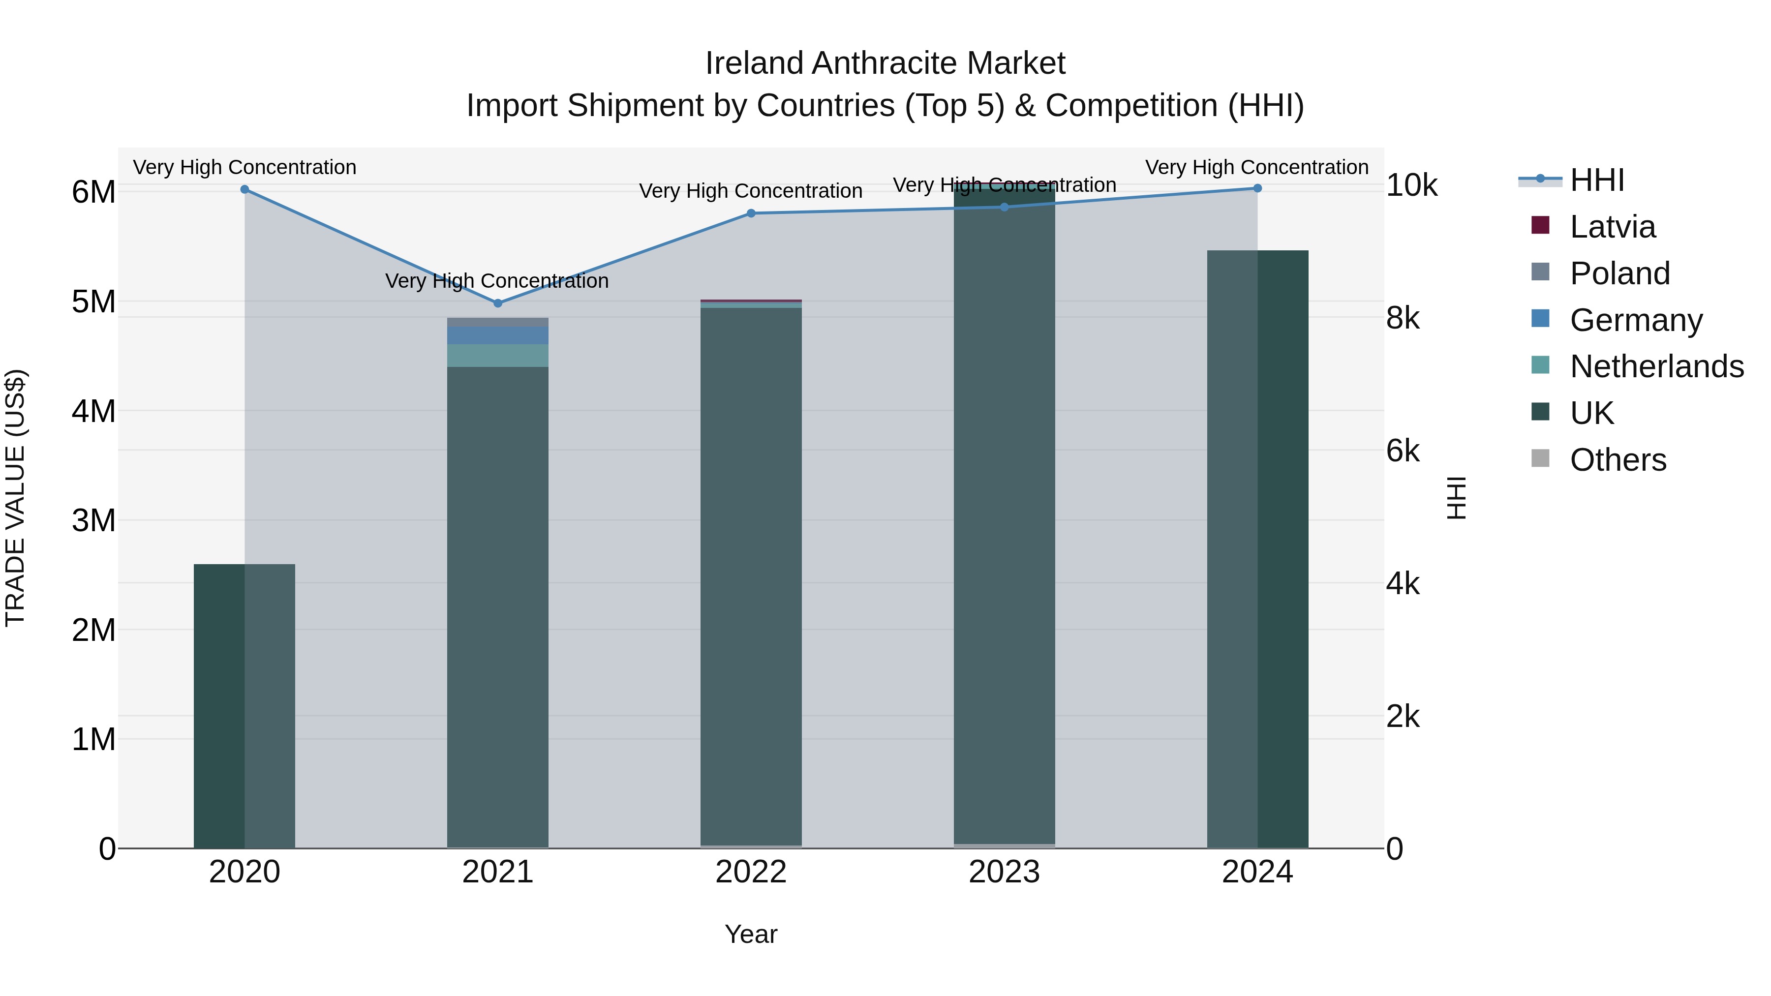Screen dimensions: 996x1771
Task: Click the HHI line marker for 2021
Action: pos(498,303)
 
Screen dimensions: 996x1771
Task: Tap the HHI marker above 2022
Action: pos(751,213)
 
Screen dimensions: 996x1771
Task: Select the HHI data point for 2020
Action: pos(245,189)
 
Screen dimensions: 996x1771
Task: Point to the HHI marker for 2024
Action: pos(1257,188)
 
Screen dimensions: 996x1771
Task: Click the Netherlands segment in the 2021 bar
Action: pos(498,356)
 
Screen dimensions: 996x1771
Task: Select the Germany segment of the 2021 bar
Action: pos(498,335)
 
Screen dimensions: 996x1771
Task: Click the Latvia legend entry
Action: pos(1612,227)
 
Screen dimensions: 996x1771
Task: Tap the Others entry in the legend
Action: pos(1618,460)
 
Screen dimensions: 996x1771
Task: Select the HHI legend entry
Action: pos(1596,180)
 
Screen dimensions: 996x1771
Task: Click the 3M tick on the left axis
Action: pos(93,520)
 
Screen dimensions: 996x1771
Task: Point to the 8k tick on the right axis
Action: pos(1403,318)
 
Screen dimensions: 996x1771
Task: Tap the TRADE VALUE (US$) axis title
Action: pos(16,498)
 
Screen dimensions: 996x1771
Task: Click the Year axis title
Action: pos(751,934)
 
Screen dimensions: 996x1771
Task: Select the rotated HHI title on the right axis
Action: pos(1456,498)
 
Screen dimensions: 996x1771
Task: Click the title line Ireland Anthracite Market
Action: pos(885,63)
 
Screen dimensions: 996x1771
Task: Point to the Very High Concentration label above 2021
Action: pos(496,281)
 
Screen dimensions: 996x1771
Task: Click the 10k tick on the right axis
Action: pos(1411,185)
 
